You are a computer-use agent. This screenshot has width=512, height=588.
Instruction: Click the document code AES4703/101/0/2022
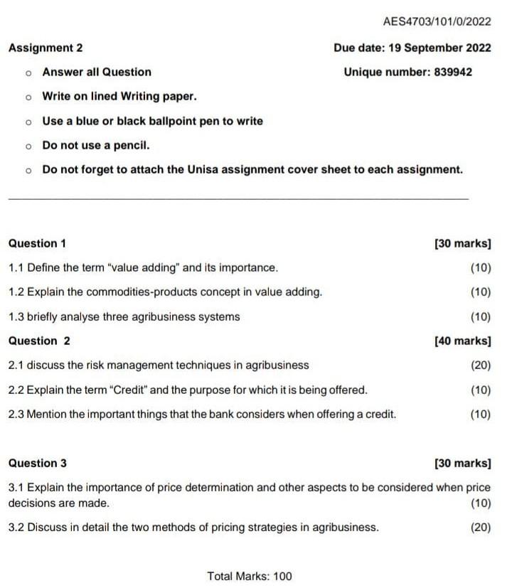(x=436, y=21)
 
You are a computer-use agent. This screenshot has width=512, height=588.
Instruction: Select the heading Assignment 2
(x=46, y=48)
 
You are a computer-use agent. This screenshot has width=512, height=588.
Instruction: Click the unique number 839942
(x=452, y=72)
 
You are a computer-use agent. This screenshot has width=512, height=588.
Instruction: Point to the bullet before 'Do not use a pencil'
(x=28, y=146)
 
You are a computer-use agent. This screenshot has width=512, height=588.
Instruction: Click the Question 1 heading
(x=37, y=243)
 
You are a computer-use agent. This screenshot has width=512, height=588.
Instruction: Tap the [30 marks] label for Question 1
(x=462, y=243)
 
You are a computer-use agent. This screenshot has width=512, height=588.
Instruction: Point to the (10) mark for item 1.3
(x=480, y=316)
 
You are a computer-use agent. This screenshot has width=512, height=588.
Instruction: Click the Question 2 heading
(x=39, y=341)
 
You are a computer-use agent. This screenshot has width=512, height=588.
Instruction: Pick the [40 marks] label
(x=462, y=341)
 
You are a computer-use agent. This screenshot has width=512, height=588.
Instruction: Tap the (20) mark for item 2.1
(x=480, y=365)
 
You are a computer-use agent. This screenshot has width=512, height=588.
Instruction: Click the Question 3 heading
(x=38, y=463)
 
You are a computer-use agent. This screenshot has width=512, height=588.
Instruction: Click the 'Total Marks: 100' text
(x=249, y=576)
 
